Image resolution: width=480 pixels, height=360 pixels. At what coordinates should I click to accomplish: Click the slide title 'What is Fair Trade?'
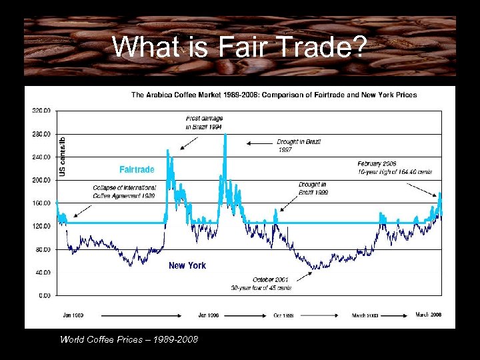point(239,47)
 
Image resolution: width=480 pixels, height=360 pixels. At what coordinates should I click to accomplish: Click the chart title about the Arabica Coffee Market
point(273,95)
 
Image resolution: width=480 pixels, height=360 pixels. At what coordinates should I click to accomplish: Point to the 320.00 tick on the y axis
point(41,111)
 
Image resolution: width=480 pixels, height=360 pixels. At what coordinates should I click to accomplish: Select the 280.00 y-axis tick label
point(41,134)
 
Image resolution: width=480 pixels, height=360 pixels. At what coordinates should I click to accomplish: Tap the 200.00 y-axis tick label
point(41,180)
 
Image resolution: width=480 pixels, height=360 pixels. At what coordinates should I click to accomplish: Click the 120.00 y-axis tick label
point(41,226)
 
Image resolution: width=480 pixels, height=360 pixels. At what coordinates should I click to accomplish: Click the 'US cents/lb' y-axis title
point(63,156)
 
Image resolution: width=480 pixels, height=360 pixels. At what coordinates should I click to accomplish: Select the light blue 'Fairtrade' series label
point(137,169)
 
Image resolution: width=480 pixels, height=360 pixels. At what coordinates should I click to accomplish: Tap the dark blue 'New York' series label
point(187,265)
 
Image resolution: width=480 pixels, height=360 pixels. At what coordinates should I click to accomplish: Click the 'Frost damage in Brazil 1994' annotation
point(204,123)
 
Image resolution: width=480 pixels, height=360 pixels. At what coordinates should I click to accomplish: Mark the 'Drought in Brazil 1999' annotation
point(313,188)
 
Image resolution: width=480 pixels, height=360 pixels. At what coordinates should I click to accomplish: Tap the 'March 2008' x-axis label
point(429,315)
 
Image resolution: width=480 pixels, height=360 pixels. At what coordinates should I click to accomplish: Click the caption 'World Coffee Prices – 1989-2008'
point(129,339)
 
